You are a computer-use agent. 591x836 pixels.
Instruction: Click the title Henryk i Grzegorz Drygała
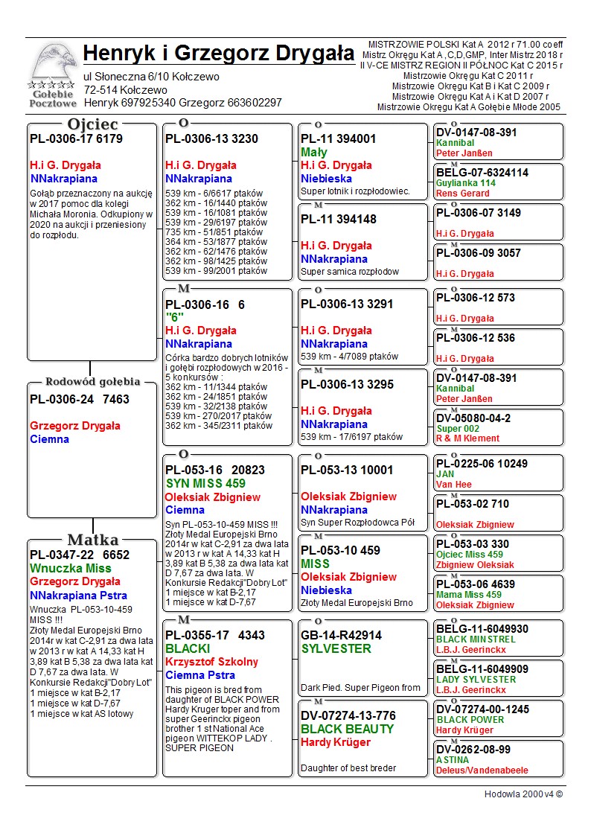219,54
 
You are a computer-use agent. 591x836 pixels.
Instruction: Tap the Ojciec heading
92,124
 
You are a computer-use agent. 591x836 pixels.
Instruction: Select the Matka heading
92,540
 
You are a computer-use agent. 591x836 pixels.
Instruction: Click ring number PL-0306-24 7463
80,399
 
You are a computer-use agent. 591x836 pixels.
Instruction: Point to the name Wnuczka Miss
71,568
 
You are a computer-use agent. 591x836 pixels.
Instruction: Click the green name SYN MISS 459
205,483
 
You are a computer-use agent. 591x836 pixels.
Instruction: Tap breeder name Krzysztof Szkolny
211,662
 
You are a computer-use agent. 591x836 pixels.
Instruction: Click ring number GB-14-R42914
341,635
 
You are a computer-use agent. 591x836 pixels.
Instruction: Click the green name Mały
314,152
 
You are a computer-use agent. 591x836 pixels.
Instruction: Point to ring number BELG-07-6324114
482,173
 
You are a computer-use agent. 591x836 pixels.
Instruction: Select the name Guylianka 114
466,183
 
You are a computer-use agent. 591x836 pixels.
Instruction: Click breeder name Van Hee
453,485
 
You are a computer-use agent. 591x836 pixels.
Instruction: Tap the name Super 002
458,428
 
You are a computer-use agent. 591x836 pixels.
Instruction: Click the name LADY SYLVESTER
476,680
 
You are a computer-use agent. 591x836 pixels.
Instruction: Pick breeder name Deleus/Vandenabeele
482,770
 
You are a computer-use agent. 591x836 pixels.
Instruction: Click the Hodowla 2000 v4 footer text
523,794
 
